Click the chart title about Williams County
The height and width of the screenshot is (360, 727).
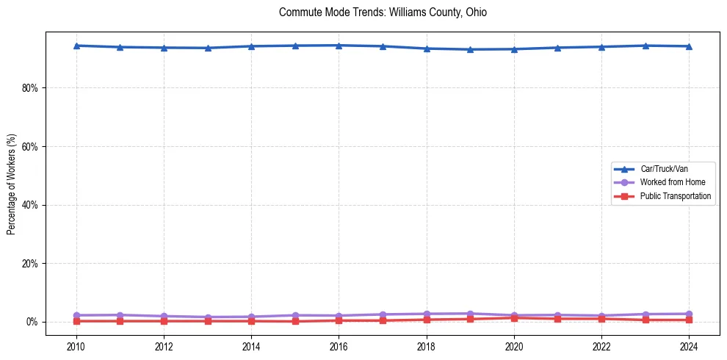click(383, 12)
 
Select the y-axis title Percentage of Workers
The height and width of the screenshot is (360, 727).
click(11, 184)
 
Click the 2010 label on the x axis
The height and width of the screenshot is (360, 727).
click(76, 345)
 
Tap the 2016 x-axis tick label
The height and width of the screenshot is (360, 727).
click(339, 345)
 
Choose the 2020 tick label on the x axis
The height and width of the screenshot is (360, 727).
click(514, 345)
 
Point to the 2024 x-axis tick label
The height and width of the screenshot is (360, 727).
click(689, 345)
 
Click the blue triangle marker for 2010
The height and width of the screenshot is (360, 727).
click(76, 46)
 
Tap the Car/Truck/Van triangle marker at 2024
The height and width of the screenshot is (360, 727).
click(689, 46)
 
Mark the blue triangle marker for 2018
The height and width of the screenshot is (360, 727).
click(427, 48)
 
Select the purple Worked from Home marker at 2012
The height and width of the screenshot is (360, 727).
click(164, 316)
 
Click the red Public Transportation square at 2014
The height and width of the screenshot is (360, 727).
click(251, 321)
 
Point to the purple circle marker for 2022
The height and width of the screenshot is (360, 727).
click(601, 316)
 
